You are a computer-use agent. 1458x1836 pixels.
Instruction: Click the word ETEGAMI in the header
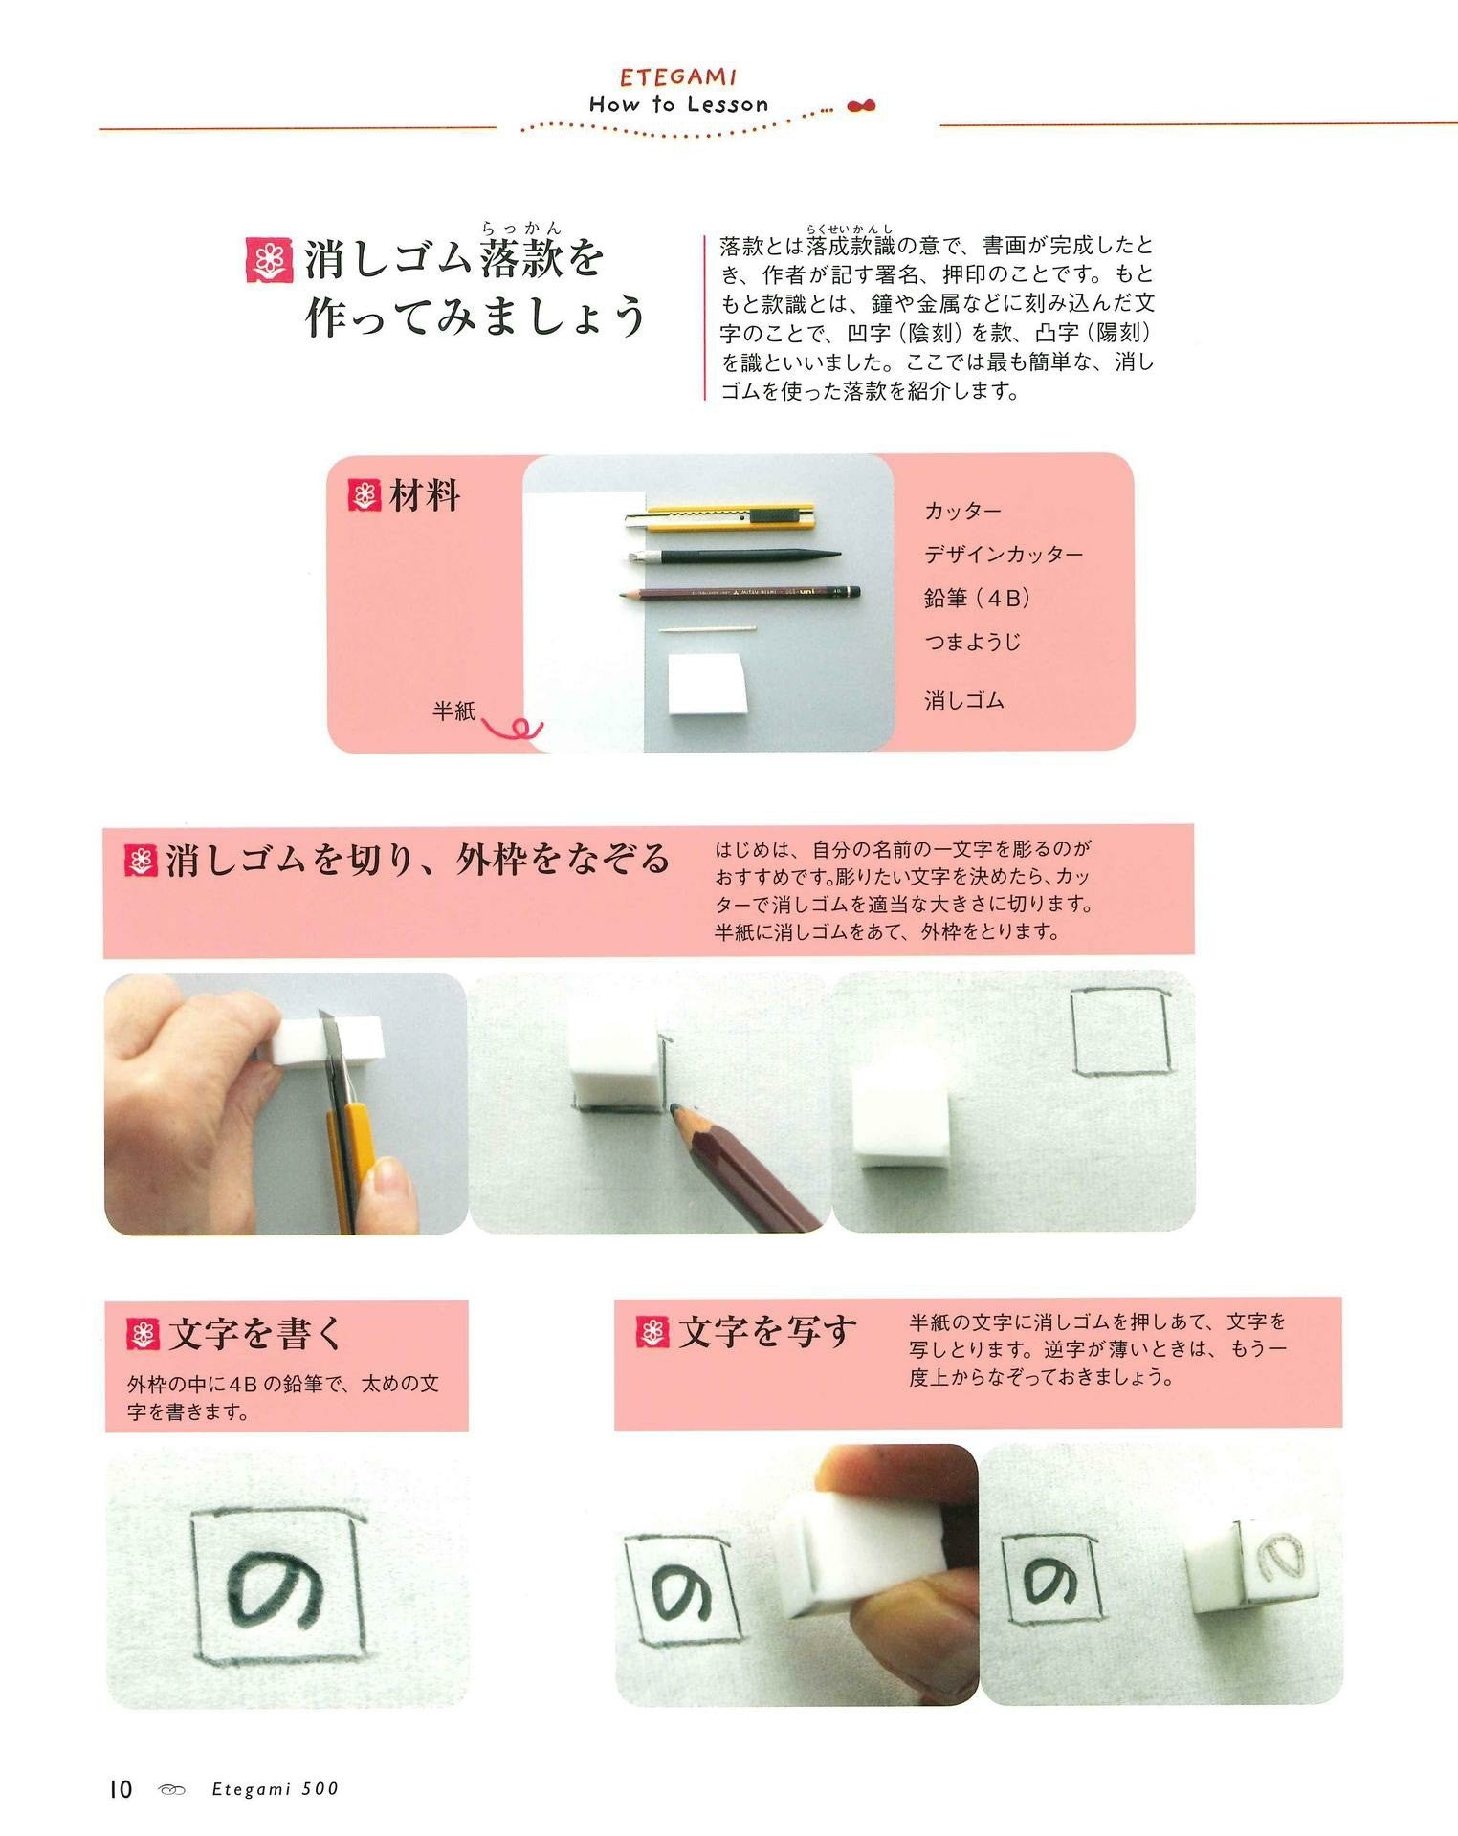(678, 76)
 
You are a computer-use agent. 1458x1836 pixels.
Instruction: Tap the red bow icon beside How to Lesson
(861, 106)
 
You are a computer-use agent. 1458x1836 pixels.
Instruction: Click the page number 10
(121, 1789)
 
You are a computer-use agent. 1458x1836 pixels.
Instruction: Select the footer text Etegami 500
(276, 1789)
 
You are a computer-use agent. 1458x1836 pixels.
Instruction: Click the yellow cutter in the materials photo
(720, 517)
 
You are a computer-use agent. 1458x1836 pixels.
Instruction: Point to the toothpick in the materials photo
(707, 629)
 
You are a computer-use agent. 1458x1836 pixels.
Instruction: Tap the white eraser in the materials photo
(707, 684)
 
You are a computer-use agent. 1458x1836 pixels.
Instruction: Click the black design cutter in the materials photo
(735, 555)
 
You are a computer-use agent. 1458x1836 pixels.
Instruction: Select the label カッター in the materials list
(962, 511)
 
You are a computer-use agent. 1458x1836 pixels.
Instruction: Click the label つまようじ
(972, 642)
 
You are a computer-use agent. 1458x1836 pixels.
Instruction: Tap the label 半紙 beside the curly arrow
(453, 710)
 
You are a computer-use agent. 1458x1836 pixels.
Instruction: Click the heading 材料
(426, 496)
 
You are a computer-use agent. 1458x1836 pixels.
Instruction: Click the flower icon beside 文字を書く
(143, 1334)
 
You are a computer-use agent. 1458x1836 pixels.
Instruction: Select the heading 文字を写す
(767, 1331)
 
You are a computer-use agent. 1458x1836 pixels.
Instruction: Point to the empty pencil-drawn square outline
(1120, 1033)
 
